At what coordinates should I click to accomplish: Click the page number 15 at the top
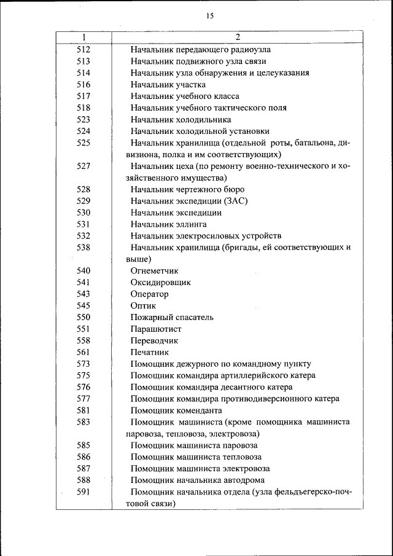coord(210,16)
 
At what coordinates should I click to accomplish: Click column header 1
coord(84,37)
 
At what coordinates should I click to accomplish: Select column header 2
coord(237,37)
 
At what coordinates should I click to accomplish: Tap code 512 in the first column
coord(84,49)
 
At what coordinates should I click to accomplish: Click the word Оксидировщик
coord(160,282)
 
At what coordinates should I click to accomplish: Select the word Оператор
coord(149,294)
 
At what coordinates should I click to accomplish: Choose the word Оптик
coord(143,305)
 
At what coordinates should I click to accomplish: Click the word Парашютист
coord(156,329)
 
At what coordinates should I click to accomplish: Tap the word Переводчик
coord(154,340)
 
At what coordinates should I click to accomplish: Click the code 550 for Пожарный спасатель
coord(84,317)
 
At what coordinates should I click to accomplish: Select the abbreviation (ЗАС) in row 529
coord(236,201)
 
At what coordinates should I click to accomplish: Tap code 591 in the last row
coord(84,491)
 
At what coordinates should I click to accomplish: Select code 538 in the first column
coord(84,248)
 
